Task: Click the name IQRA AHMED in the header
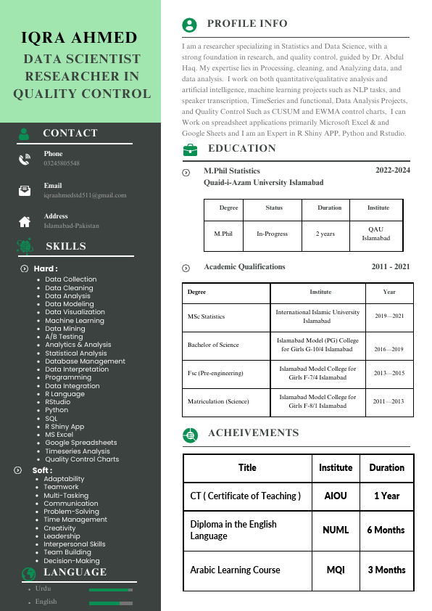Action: (x=80, y=38)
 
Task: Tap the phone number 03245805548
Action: (x=62, y=163)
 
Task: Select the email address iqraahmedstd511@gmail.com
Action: (x=85, y=195)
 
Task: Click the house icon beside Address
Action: (x=25, y=221)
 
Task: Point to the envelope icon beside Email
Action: (x=25, y=191)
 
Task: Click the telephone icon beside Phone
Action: (x=25, y=159)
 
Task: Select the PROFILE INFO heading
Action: (x=247, y=24)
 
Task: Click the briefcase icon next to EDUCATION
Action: (x=190, y=149)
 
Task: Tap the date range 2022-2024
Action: (x=392, y=170)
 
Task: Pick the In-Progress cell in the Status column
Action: (x=272, y=234)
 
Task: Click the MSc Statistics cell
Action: (x=207, y=316)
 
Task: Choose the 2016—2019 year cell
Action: (x=389, y=349)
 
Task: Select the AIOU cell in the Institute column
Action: (x=336, y=496)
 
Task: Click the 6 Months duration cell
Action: (x=386, y=530)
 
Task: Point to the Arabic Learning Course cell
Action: (x=235, y=570)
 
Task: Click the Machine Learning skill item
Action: (x=75, y=321)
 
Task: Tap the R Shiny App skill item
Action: (x=65, y=427)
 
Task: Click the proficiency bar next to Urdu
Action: (x=110, y=590)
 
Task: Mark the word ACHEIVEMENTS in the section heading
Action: (x=253, y=433)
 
